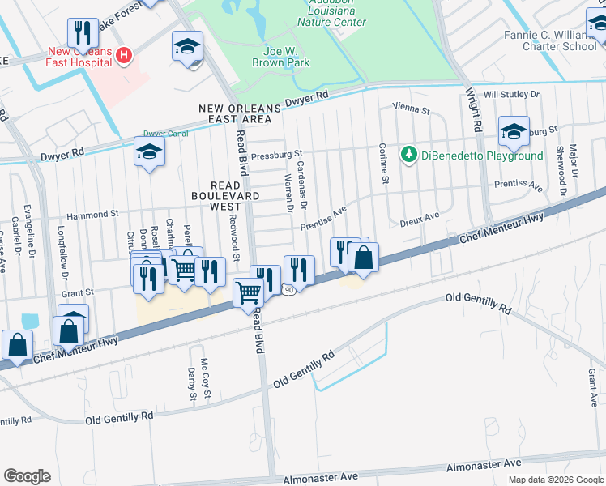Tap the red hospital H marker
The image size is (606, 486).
124,55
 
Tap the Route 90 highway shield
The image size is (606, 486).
288,289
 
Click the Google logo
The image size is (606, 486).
28,476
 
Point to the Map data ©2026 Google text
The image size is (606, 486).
555,480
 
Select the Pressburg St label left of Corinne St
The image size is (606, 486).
276,153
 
